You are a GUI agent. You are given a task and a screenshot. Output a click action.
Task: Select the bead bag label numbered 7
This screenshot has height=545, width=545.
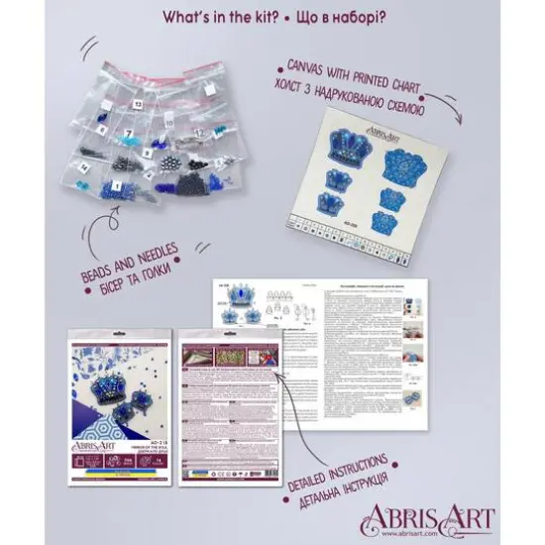(x=129, y=133)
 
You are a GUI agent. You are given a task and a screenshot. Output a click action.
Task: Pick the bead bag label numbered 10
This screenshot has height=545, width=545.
(x=169, y=123)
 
